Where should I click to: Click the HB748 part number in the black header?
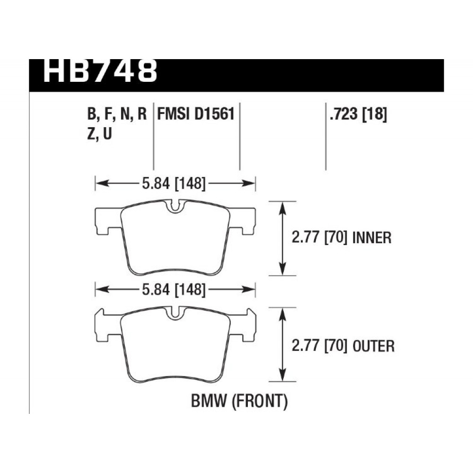(x=100, y=71)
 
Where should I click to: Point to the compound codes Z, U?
(x=99, y=134)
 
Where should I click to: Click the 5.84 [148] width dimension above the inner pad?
(x=174, y=184)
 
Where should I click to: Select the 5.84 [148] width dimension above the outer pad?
(x=174, y=289)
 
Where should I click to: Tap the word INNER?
(x=372, y=238)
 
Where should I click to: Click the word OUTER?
(x=374, y=346)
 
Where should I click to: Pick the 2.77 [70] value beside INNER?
(x=318, y=238)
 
